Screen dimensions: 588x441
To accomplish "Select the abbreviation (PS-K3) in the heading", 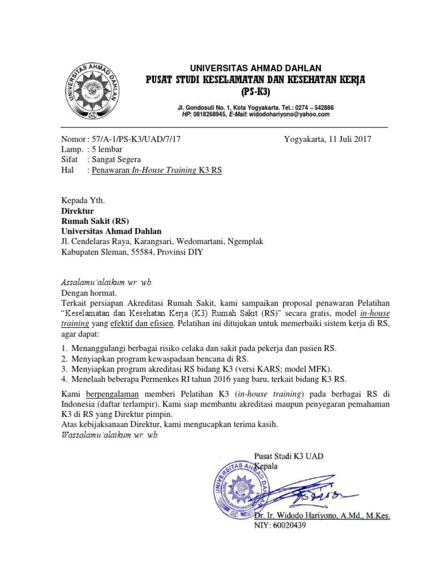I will [255, 92].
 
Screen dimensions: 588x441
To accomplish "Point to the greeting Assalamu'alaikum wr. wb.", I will [107, 283].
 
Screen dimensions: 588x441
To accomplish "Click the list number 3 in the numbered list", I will [64, 369].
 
